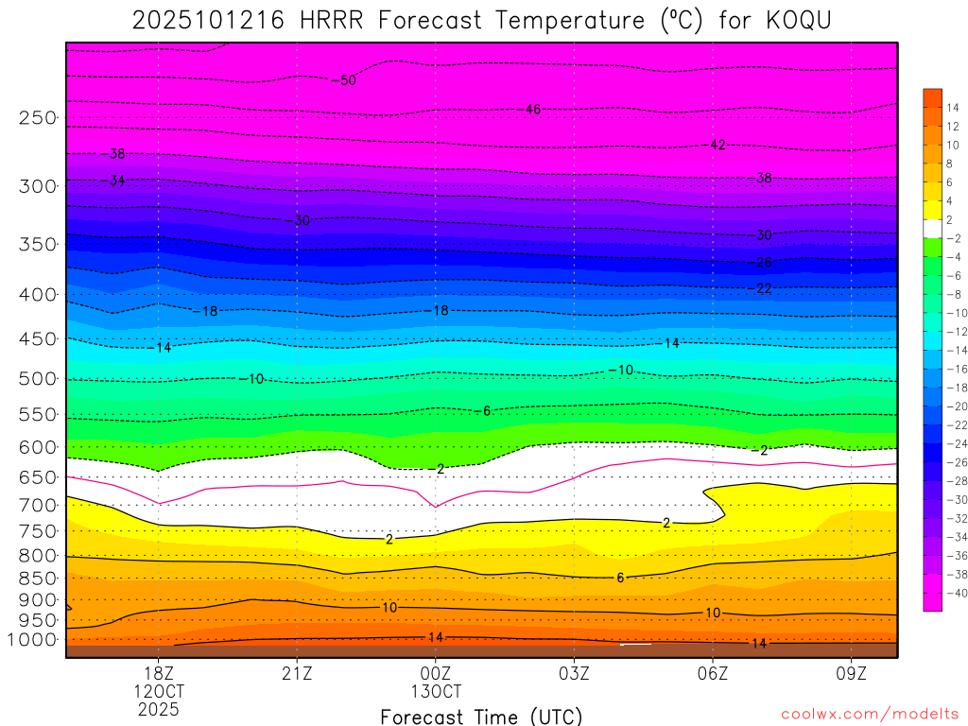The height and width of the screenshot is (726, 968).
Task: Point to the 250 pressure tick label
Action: coord(38,118)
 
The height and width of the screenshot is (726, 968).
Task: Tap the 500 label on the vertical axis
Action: coord(38,379)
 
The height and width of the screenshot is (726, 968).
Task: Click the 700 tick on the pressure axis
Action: coord(38,506)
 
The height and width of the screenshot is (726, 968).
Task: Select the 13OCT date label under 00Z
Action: coord(436,691)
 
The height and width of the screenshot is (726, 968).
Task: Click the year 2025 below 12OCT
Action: coord(158,709)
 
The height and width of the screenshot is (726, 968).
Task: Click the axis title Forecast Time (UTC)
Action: coord(481,716)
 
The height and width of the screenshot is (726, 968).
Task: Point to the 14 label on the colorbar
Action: coord(953,107)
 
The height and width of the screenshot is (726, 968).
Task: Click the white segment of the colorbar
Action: coord(932,228)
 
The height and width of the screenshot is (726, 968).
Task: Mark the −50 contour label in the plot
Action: coord(346,80)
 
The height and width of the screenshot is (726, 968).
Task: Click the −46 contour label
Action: coord(531,110)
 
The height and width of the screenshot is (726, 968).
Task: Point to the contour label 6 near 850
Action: coord(620,578)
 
